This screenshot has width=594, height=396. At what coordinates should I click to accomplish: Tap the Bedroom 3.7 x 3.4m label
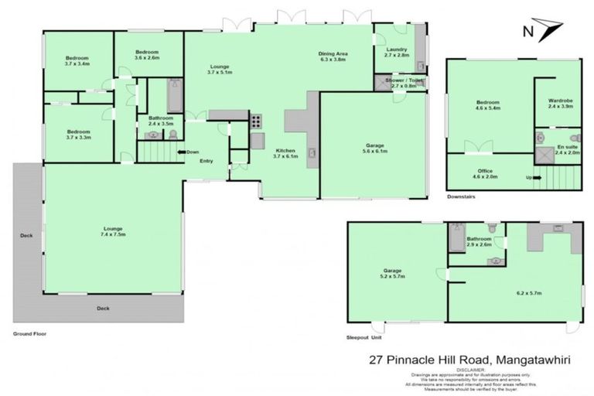[x=77, y=61]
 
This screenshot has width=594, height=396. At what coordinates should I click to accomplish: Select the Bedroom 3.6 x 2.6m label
[x=146, y=54]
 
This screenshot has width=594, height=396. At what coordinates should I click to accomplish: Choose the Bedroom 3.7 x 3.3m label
[x=77, y=134]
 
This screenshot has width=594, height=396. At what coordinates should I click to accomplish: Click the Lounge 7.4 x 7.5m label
[x=113, y=230]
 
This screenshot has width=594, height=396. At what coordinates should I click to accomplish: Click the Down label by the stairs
[x=193, y=152]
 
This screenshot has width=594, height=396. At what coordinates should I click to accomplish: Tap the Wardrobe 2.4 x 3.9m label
[x=559, y=103]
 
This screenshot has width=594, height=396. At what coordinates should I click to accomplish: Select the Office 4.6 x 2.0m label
[x=486, y=174]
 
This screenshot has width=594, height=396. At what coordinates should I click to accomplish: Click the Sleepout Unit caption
[x=365, y=337]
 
